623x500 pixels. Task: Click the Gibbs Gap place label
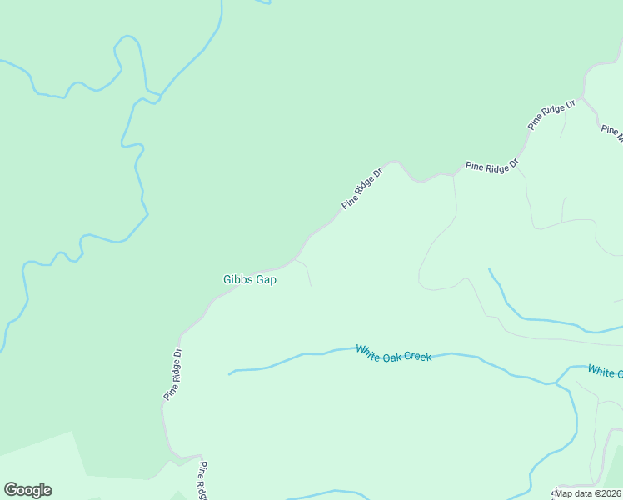pos(250,280)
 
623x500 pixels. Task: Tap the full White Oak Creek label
pos(394,353)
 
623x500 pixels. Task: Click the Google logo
pos(27,490)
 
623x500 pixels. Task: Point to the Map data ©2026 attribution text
pos(588,493)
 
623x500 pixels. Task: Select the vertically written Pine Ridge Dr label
pos(172,372)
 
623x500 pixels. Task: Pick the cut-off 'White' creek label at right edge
pos(605,371)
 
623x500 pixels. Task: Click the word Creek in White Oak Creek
pos(417,357)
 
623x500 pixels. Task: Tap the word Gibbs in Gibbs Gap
pos(237,280)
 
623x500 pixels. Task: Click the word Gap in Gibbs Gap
pos(266,280)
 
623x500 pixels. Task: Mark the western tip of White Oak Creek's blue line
pos(229,373)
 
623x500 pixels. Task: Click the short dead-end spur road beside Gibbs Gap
pos(307,272)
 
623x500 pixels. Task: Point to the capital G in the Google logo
pos(11,489)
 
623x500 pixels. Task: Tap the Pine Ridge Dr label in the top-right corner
pos(551,115)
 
